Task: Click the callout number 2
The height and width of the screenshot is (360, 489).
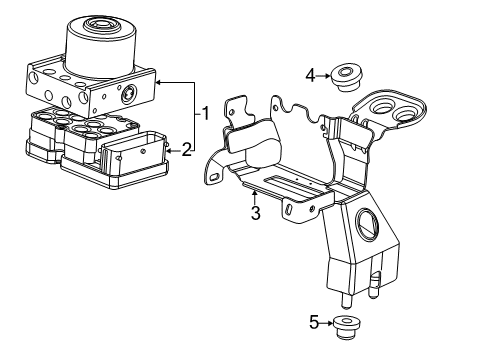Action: (187, 150)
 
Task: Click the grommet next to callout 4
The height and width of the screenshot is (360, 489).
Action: (346, 75)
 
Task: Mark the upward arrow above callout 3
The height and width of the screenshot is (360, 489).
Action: (256, 195)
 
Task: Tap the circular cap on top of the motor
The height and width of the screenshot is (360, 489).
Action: (104, 23)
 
